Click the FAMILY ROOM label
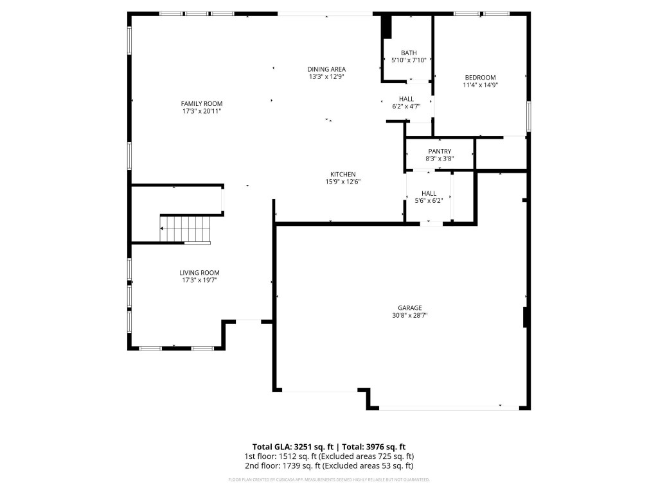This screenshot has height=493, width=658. pyautogui.click(x=201, y=103)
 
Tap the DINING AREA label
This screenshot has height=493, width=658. pyautogui.click(x=326, y=69)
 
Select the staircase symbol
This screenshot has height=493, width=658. pyautogui.click(x=185, y=229)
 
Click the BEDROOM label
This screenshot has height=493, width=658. pyautogui.click(x=480, y=77)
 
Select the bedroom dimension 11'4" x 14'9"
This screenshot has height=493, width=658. pyautogui.click(x=480, y=85)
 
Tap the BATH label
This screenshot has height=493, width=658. pyautogui.click(x=409, y=53)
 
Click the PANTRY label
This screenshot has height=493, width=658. pyautogui.click(x=440, y=151)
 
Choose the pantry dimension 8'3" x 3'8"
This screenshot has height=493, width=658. pyautogui.click(x=440, y=159)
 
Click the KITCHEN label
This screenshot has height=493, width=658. pyautogui.click(x=342, y=174)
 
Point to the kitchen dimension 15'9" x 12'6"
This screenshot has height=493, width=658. pyautogui.click(x=342, y=182)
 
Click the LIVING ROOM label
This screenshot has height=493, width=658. pyautogui.click(x=201, y=272)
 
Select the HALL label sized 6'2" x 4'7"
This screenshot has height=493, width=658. pyautogui.click(x=406, y=99)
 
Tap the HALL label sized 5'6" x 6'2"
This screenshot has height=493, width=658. pyautogui.click(x=429, y=193)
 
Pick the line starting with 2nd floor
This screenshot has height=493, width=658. pyautogui.click(x=328, y=466)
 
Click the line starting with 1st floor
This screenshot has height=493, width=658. pyautogui.click(x=328, y=456)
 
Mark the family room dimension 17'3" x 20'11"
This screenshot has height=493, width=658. pyautogui.click(x=201, y=111)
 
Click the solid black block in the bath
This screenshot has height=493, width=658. pyautogui.click(x=386, y=27)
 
